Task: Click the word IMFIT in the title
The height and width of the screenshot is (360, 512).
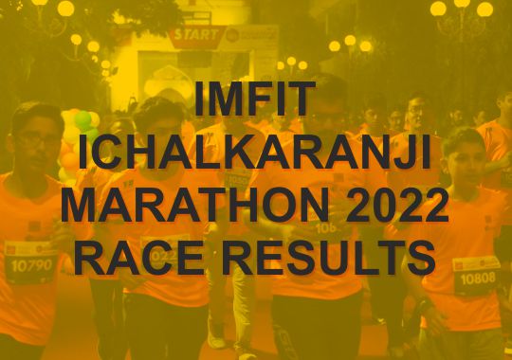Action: (255, 99)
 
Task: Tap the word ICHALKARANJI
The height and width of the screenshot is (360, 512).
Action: (255, 152)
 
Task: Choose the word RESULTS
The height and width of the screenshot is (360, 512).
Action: (328, 258)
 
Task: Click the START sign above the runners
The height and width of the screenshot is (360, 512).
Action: (196, 35)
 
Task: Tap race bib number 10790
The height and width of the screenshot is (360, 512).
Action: (31, 265)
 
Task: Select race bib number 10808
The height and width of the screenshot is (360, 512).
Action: (478, 279)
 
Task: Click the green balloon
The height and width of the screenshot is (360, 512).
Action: (82, 120)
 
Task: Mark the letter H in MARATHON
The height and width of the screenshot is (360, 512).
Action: (248, 205)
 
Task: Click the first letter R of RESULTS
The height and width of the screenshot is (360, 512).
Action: (237, 258)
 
